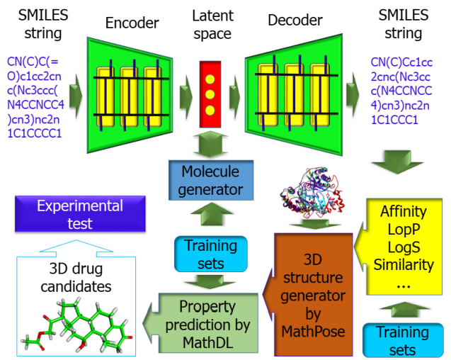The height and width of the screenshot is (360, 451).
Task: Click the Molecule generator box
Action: pos(211,180)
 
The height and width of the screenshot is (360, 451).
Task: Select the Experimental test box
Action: pos(80,214)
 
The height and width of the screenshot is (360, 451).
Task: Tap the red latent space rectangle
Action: pos(210,94)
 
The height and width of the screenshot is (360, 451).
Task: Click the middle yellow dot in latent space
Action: pos(210,94)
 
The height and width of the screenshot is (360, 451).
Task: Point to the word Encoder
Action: pos(132,23)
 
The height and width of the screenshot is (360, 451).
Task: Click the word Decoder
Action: pos(295,20)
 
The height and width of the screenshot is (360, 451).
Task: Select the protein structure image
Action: pos(313,190)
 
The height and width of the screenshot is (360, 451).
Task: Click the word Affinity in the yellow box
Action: pos(404,211)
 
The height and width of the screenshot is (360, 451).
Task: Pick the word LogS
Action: pos(404,247)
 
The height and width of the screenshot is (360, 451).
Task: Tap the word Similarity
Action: pos(404,264)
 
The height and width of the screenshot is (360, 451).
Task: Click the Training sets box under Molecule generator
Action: pos(211,254)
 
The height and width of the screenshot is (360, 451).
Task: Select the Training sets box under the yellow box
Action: pos(403,340)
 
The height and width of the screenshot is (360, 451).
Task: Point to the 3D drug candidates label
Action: pos(76,278)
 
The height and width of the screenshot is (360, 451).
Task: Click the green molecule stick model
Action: pos(77,325)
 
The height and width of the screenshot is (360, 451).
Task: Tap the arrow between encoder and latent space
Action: pos(186,97)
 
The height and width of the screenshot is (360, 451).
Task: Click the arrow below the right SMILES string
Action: pos(397,162)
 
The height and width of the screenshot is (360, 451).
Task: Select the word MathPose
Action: pos(313,331)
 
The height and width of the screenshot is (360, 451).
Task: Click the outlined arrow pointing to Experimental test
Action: pos(76,248)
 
